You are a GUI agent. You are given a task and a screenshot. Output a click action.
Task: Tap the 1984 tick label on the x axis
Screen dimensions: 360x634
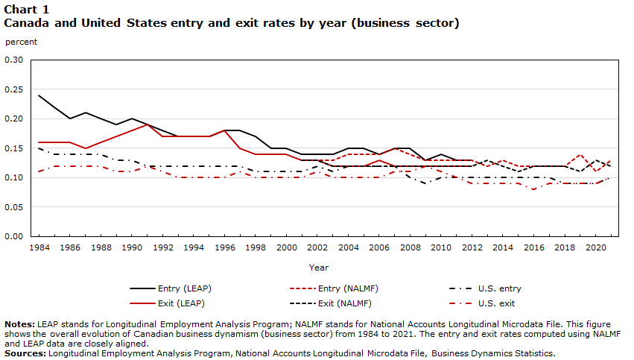[x=39, y=246]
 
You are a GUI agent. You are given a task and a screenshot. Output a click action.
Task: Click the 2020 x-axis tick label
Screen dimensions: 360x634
[x=597, y=246]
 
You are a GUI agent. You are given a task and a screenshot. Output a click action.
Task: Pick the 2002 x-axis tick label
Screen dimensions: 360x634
[x=317, y=246]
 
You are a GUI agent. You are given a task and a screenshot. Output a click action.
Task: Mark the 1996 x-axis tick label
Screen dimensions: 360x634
[x=224, y=246]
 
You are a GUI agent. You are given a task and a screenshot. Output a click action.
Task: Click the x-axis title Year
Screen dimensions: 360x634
[x=318, y=267]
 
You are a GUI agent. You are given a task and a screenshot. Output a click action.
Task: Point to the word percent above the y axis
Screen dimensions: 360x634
[x=21, y=42]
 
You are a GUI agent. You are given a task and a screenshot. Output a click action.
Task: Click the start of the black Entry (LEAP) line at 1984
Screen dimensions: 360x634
[x=39, y=95]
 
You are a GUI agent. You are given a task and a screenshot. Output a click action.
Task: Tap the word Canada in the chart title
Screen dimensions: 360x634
[x=26, y=23]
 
